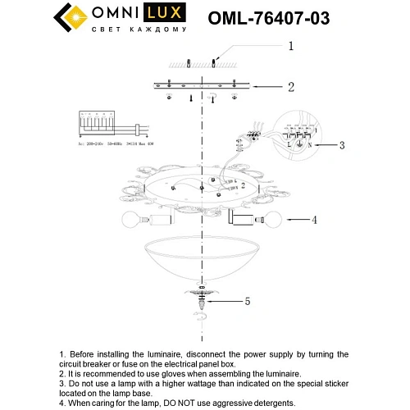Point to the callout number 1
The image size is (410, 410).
[289, 47]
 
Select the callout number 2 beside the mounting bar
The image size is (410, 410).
[289, 85]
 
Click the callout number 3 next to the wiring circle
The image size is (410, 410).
[342, 145]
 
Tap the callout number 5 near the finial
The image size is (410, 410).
[247, 301]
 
